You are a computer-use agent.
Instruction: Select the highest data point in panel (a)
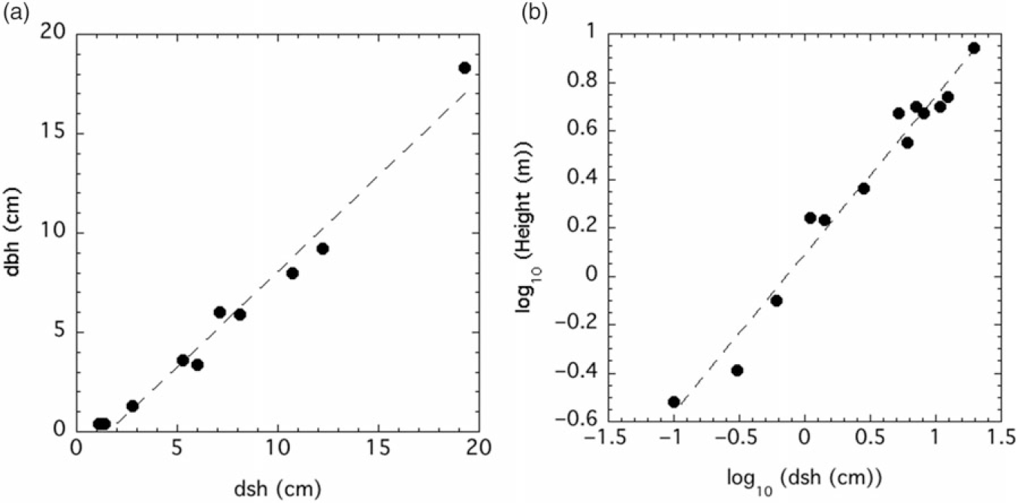pos(464,68)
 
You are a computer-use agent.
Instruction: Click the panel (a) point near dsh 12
pos(322,248)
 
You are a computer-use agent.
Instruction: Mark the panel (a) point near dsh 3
pos(132,406)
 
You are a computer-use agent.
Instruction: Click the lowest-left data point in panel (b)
pos(674,402)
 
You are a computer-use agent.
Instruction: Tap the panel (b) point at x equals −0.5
pos(737,370)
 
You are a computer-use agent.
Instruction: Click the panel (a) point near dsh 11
pos(292,273)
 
